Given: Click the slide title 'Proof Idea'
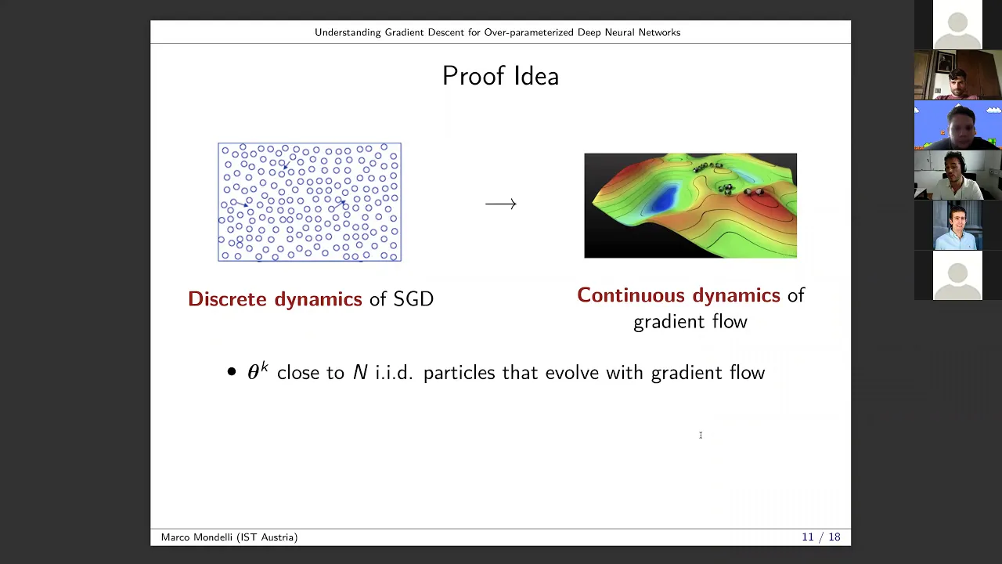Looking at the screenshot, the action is [500, 76].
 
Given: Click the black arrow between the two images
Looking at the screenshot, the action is [501, 204].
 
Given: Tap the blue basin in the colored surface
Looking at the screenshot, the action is [663, 200].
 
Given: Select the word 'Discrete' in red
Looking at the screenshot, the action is [227, 299].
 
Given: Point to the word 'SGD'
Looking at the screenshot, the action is [413, 299].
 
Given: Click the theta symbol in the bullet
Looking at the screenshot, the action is [253, 373].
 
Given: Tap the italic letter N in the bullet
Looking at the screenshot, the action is [360, 372].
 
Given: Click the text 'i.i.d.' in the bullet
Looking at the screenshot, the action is [394, 372].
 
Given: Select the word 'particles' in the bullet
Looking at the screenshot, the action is [459, 373].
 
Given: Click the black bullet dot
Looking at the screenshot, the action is [231, 371].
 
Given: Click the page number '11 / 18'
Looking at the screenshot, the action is [821, 537].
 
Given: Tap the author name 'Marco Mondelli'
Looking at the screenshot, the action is [197, 537].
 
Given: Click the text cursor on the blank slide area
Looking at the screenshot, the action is [701, 435].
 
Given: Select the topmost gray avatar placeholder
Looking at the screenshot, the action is [957, 24].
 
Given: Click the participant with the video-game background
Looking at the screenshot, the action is [957, 125].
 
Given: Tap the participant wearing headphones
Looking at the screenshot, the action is [957, 175].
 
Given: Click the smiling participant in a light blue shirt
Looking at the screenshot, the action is [957, 225].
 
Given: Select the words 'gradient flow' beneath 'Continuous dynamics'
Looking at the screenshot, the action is [690, 322].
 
